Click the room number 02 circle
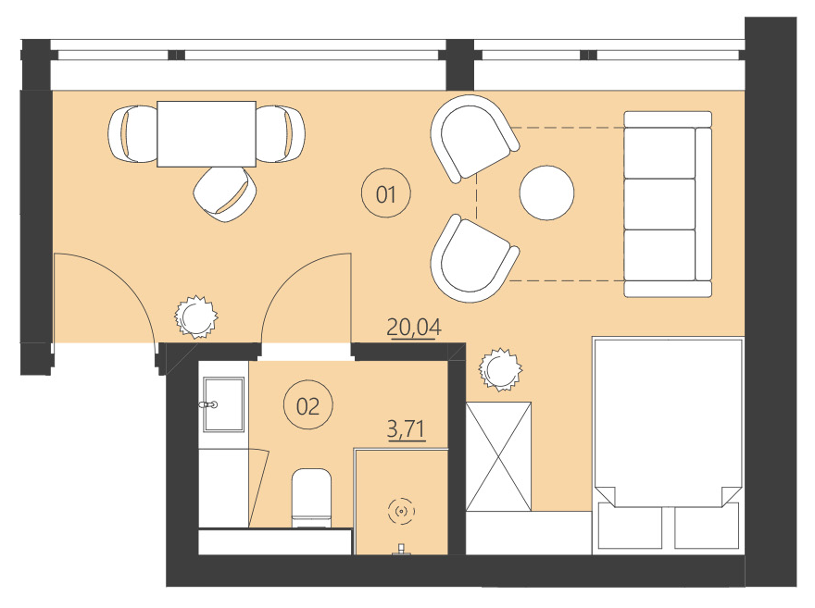pyautogui.click(x=307, y=405)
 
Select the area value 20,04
pyautogui.click(x=414, y=327)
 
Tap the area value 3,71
pyautogui.click(x=405, y=429)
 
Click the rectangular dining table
pyautogui.click(x=206, y=133)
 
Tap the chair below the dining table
pyautogui.click(x=223, y=193)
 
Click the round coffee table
pyautogui.click(x=546, y=192)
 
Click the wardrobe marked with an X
pyautogui.click(x=498, y=456)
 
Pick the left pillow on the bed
pyautogui.click(x=630, y=529)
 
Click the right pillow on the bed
pyautogui.click(x=706, y=529)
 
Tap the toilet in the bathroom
pyautogui.click(x=311, y=498)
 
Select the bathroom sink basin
pyautogui.click(x=221, y=404)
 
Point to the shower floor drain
pyautogui.click(x=401, y=509)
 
